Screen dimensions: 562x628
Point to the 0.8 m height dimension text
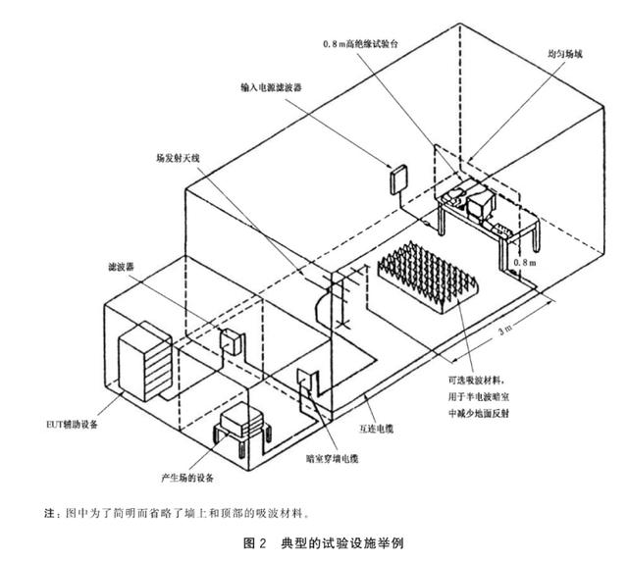pyautogui.click(x=527, y=263)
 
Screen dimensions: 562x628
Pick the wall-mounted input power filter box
pyautogui.click(x=398, y=179)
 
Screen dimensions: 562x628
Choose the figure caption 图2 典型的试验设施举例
pyautogui.click(x=313, y=542)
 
